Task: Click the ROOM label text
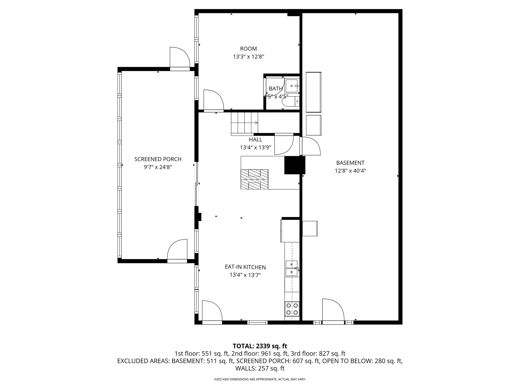point(248,49)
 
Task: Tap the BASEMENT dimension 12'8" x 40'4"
point(350,171)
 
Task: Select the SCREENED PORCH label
point(158,159)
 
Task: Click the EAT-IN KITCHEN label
point(245,267)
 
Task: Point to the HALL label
point(255,139)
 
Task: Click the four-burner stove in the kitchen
point(292,309)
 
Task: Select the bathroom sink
point(291,86)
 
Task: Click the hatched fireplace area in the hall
point(254,179)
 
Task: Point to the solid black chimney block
point(294,165)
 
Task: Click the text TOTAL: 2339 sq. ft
point(260,346)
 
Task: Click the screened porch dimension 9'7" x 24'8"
point(158,167)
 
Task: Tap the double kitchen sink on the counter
point(291,268)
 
